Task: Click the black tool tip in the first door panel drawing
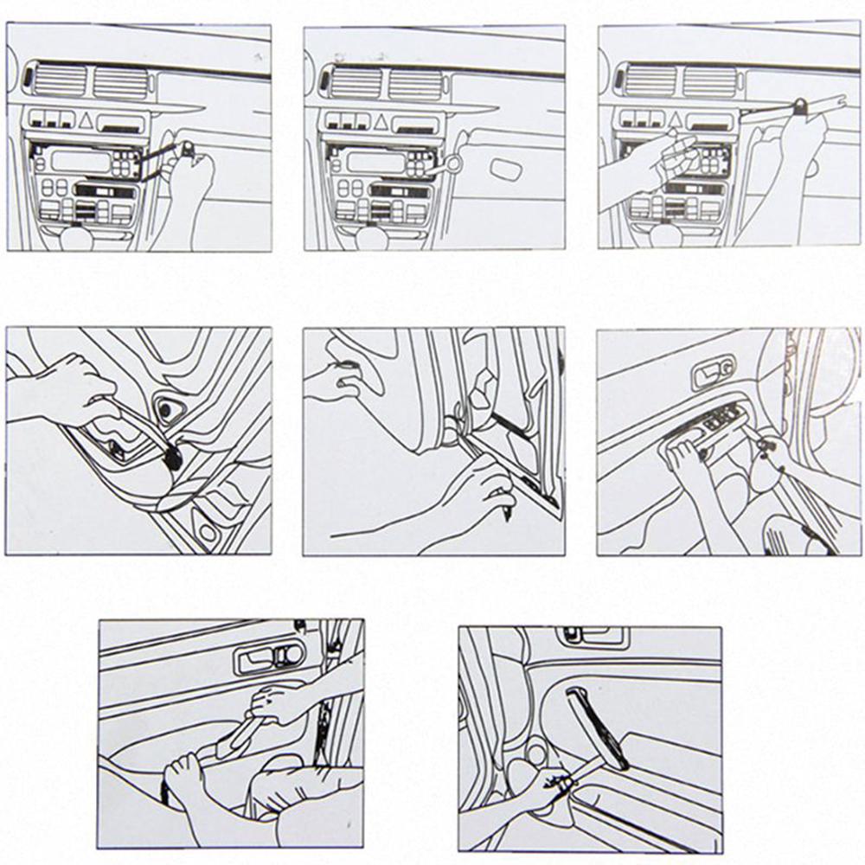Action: [x=172, y=459]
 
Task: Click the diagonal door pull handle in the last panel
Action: [x=597, y=727]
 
